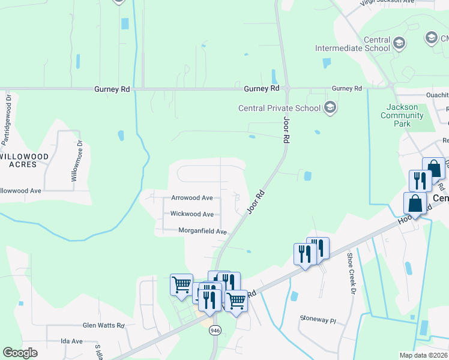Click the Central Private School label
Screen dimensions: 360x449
click(279, 109)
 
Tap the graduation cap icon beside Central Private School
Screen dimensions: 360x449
click(330, 108)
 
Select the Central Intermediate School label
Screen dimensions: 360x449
click(352, 48)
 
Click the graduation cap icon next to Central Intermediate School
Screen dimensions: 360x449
click(400, 43)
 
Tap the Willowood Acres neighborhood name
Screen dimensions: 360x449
click(24, 161)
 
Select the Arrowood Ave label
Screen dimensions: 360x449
click(192, 197)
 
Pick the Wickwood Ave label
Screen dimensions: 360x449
click(192, 214)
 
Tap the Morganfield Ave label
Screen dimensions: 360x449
click(202, 231)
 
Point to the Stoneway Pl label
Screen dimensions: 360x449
click(318, 320)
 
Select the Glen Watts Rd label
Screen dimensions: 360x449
click(103, 325)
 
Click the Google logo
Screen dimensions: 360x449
click(20, 353)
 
